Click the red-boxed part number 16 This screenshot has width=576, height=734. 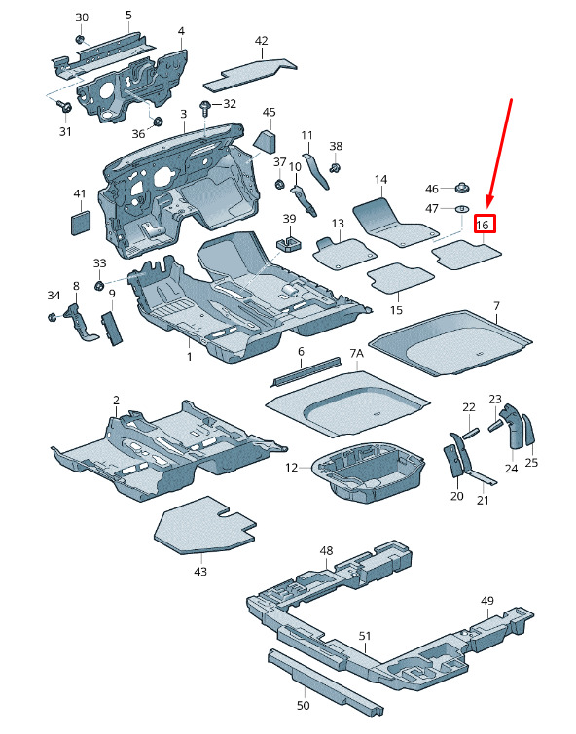pyautogui.click(x=482, y=225)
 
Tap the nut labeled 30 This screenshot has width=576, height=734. pyautogui.click(x=80, y=39)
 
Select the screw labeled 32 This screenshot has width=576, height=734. pyautogui.click(x=205, y=109)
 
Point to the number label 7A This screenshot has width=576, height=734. pyautogui.click(x=357, y=353)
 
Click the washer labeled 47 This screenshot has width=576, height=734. pyautogui.click(x=462, y=208)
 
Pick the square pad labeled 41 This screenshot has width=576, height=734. pyautogui.click(x=81, y=223)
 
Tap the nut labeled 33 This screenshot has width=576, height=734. pyautogui.click(x=99, y=285)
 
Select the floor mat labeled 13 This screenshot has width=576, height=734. pyautogui.click(x=345, y=254)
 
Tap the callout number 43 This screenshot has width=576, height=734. pyautogui.click(x=200, y=571)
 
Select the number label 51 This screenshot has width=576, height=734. pyautogui.click(x=365, y=636)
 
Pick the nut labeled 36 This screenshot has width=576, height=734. pyautogui.click(x=158, y=122)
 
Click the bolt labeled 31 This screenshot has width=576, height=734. pyautogui.click(x=64, y=106)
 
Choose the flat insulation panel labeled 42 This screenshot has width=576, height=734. pyautogui.click(x=250, y=74)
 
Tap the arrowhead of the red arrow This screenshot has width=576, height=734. pyautogui.click(x=489, y=201)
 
